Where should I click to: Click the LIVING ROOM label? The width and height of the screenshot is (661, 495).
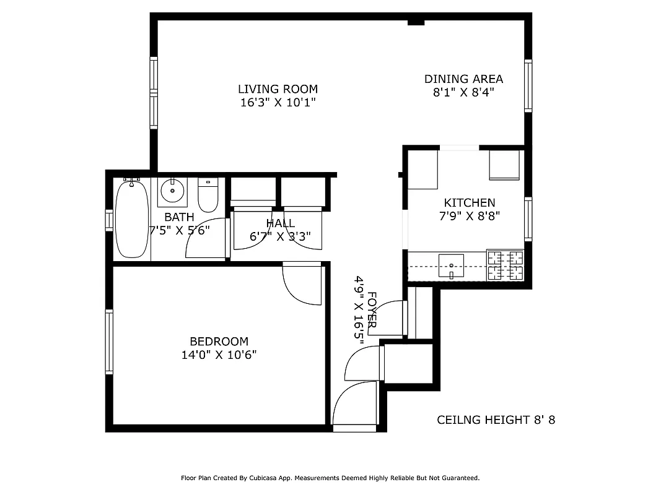tap(278, 89)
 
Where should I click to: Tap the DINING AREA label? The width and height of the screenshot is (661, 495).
tap(463, 79)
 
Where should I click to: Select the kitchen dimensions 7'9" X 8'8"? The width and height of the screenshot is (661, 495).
tap(469, 216)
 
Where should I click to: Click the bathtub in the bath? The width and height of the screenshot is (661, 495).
tap(131, 218)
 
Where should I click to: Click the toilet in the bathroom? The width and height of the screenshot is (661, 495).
tap(208, 194)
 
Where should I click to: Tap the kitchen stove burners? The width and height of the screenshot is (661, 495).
tap(505, 265)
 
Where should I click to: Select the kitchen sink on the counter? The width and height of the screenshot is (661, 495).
tap(451, 267)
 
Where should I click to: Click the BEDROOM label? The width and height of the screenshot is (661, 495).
tap(219, 342)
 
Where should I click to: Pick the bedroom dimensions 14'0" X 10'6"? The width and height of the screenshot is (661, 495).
tap(219, 355)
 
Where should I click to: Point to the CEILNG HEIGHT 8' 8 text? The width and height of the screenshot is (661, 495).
tap(496, 420)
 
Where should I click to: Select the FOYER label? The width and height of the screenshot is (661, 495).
tap(372, 309)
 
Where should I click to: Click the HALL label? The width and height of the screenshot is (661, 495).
tap(281, 223)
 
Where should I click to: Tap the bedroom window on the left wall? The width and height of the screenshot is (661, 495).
tap(109, 342)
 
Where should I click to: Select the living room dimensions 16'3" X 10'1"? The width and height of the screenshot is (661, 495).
tap(278, 103)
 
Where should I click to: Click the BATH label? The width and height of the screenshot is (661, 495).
tap(179, 218)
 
